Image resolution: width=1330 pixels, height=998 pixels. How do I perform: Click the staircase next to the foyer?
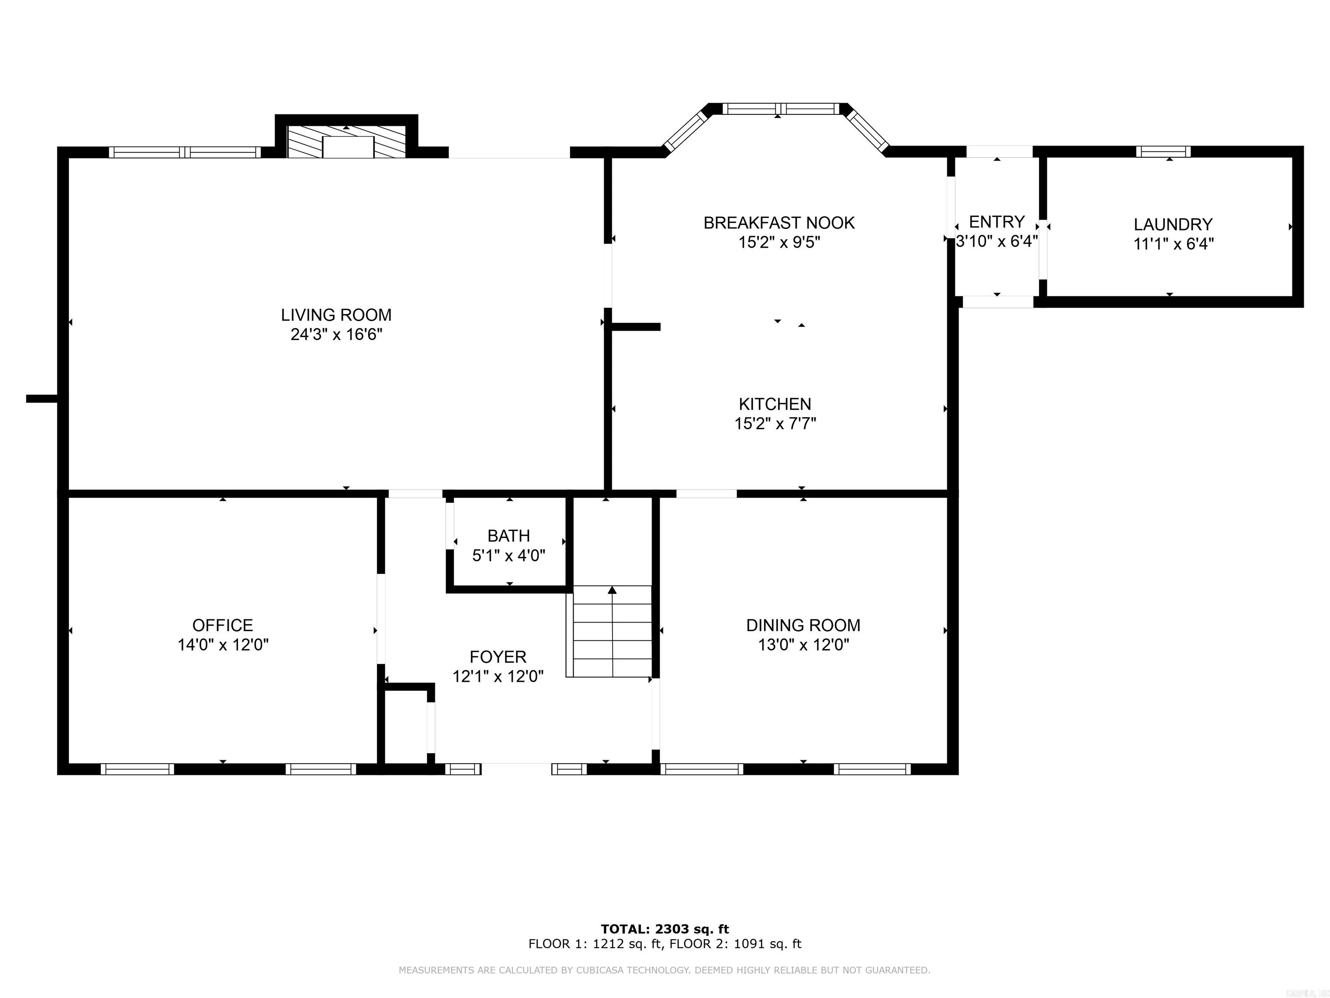pyautogui.click(x=611, y=632)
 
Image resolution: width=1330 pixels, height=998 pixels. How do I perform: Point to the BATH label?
pyautogui.click(x=509, y=535)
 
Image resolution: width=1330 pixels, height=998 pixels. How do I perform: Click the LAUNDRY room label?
pyautogui.click(x=1172, y=224)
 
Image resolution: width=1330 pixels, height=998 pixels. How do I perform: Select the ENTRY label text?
pyautogui.click(x=996, y=221)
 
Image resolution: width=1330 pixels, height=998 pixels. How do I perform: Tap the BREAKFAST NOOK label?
pyautogui.click(x=778, y=223)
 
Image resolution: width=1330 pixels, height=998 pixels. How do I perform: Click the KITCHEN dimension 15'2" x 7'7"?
pyautogui.click(x=775, y=424)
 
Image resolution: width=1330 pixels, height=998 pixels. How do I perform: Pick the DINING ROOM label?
pyautogui.click(x=803, y=625)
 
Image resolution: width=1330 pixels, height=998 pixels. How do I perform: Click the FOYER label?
pyautogui.click(x=498, y=656)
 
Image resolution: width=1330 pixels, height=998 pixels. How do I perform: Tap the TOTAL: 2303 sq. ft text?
pyautogui.click(x=665, y=929)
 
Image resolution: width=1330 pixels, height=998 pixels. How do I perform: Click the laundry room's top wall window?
pyautogui.click(x=1163, y=152)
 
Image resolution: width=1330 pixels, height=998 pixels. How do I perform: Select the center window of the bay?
pyautogui.click(x=780, y=109)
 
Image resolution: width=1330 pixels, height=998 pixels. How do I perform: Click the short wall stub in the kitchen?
pyautogui.click(x=636, y=327)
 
